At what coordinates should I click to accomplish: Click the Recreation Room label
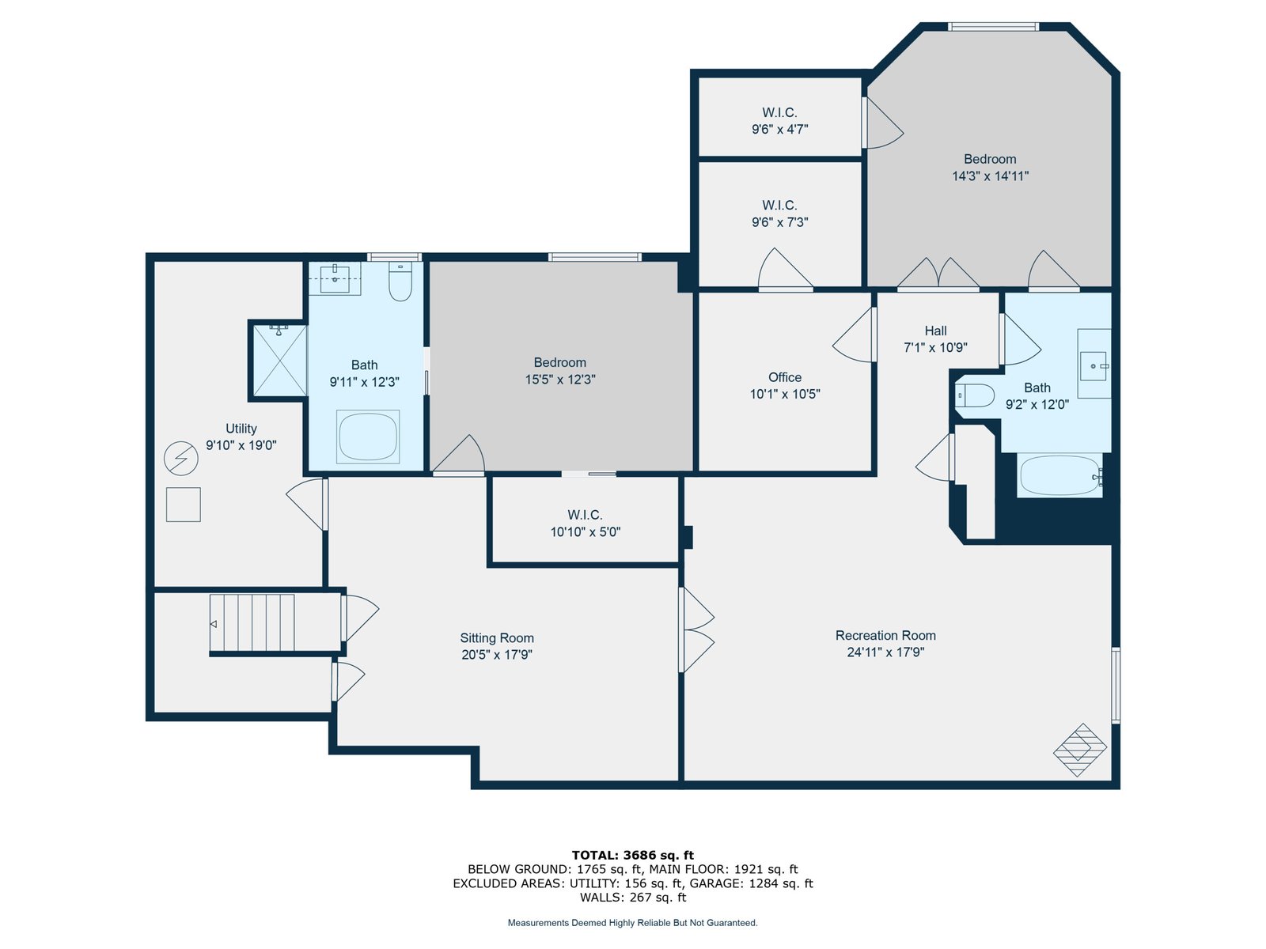click(885, 636)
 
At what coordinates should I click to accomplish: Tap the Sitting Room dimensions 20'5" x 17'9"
click(497, 655)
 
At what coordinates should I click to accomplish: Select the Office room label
click(784, 377)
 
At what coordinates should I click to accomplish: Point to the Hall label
click(935, 331)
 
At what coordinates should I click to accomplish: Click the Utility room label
click(241, 429)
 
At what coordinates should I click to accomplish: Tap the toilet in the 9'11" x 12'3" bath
click(400, 282)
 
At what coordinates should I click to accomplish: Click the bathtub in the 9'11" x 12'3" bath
click(368, 437)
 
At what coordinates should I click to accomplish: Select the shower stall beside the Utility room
click(280, 361)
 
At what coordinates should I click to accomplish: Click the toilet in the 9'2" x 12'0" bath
click(976, 396)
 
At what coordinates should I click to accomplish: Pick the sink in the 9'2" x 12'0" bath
click(1094, 365)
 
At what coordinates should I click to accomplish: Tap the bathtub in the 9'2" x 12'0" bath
click(1059, 476)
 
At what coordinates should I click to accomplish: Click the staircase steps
click(252, 623)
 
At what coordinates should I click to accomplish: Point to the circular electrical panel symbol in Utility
click(181, 459)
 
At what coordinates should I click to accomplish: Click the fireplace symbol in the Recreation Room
click(1080, 750)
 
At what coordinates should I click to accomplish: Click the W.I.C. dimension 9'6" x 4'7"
click(779, 129)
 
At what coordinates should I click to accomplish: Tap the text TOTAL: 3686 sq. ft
click(633, 855)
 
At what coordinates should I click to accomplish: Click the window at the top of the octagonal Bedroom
click(993, 27)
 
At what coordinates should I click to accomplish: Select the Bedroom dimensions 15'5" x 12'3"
click(560, 380)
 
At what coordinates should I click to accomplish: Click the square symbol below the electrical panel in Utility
click(184, 505)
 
